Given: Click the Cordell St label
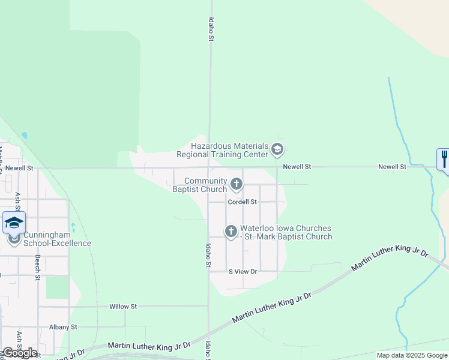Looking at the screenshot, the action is [x=242, y=202].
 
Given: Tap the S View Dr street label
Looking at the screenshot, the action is [x=243, y=272].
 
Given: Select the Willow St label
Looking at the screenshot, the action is [x=123, y=307].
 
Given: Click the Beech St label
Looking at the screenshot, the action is [x=37, y=268].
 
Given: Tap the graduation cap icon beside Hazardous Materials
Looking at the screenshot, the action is [x=277, y=148].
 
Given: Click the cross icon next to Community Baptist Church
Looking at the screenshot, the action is [x=237, y=184].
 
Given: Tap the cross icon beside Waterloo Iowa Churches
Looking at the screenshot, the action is [x=231, y=231].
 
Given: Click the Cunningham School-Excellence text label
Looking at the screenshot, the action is [x=57, y=239].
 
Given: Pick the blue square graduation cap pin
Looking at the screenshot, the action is [x=14, y=223].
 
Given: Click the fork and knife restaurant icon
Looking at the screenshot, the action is [x=444, y=160].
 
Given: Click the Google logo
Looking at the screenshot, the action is [x=20, y=353].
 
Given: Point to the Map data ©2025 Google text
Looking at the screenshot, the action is [x=412, y=355].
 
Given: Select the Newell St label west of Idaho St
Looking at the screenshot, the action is [x=19, y=169].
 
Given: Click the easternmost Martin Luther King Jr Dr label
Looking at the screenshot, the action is [x=390, y=260].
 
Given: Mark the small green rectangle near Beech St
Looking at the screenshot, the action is [x=57, y=287].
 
